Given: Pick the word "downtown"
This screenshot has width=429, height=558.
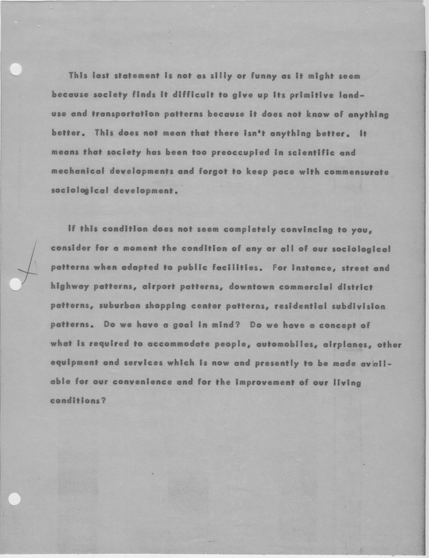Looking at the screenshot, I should point(252,287).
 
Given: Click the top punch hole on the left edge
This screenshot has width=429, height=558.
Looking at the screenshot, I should point(16,69).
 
